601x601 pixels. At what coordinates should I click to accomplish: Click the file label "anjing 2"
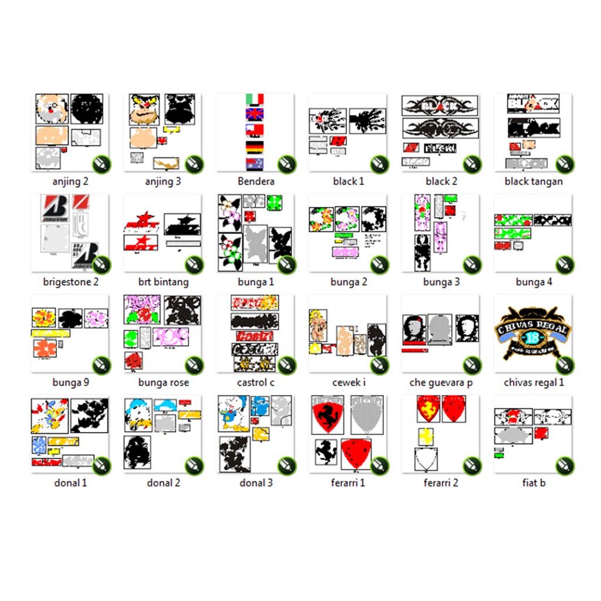click(x=70, y=181)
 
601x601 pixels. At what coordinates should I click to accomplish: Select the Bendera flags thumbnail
click(x=255, y=132)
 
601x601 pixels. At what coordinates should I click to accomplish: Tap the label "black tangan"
click(x=534, y=181)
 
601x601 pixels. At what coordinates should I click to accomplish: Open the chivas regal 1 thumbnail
click(x=534, y=333)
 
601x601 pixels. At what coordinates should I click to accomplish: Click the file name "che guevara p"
click(x=441, y=383)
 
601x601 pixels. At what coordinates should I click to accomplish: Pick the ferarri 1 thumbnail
click(x=348, y=434)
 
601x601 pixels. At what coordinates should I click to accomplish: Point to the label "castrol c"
click(x=255, y=383)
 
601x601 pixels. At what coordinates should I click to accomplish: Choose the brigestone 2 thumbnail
click(x=70, y=233)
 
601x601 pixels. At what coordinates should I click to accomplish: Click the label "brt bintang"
click(x=163, y=282)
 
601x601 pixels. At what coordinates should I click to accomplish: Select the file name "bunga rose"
click(x=163, y=383)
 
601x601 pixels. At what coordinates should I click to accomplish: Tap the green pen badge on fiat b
click(x=565, y=466)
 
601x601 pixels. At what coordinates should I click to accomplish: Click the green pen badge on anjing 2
click(x=101, y=164)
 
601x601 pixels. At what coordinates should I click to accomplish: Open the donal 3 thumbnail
click(x=255, y=434)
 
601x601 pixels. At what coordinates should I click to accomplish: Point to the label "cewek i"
click(x=349, y=383)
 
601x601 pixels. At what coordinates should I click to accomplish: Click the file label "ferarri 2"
click(x=441, y=483)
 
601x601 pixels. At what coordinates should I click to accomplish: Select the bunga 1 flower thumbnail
click(x=255, y=233)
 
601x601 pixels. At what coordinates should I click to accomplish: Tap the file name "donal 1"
click(x=70, y=483)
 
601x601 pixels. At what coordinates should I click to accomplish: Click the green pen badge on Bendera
click(x=286, y=164)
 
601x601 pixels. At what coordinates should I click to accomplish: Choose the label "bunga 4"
click(x=534, y=282)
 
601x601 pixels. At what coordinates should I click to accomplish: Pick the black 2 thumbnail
click(x=441, y=132)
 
